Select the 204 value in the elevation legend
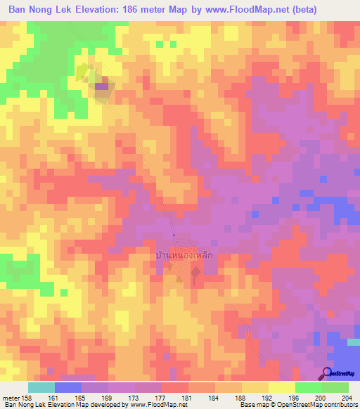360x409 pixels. [347, 397]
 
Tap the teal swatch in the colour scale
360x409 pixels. [41, 387]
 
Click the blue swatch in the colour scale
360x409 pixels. [68, 387]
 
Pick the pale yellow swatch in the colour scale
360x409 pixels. [281, 387]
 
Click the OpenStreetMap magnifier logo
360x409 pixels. [328, 372]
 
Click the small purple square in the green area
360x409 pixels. [102, 86]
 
